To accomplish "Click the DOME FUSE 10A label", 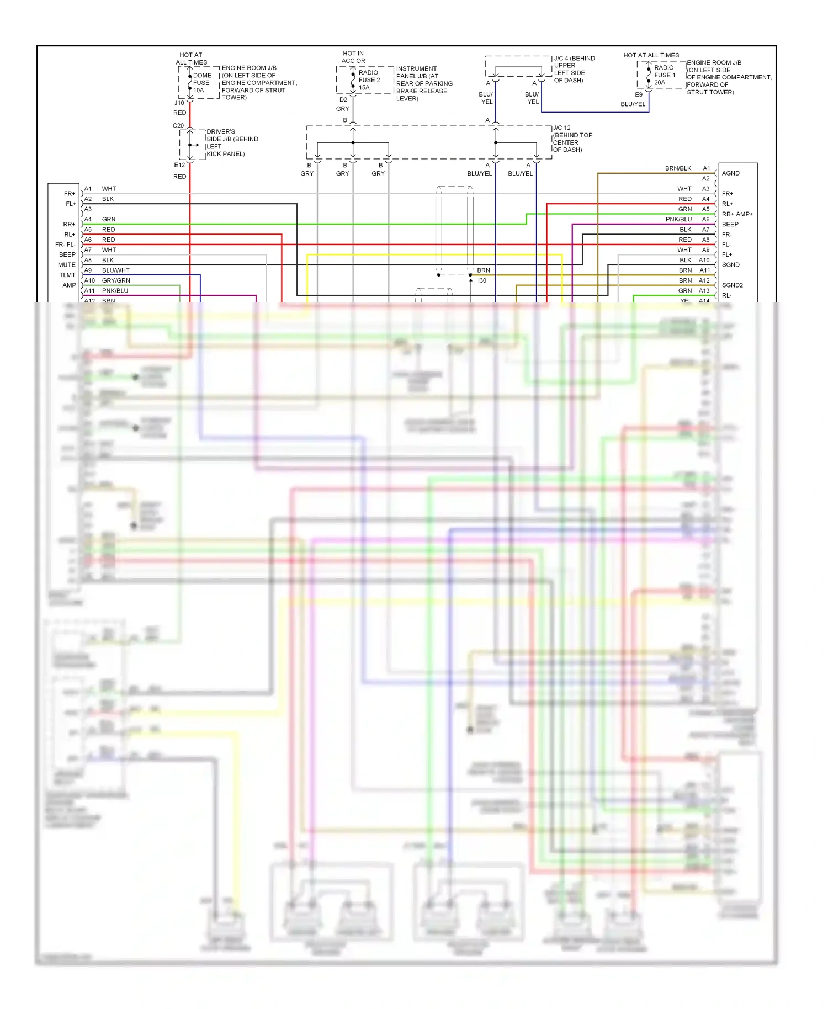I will (x=201, y=83).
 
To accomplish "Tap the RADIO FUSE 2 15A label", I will (x=369, y=80).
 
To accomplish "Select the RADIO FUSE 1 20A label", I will (x=664, y=75).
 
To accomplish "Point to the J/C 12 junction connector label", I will (x=572, y=139).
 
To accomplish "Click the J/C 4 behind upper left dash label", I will (x=574, y=69).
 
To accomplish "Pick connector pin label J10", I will (x=179, y=103).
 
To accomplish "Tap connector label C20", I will (x=178, y=126).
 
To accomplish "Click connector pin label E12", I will (x=179, y=165).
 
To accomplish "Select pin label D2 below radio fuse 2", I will (x=343, y=100).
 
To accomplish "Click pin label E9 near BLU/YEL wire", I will (x=639, y=95).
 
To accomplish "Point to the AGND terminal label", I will (x=730, y=173).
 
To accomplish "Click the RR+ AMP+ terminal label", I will (x=737, y=214).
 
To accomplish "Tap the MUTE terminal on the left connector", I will (x=67, y=265).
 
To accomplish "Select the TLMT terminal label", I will (x=67, y=275).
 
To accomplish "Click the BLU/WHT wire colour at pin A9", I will (x=115, y=270).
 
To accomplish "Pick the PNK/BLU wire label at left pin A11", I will (x=115, y=291).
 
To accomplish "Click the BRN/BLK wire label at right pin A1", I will (x=678, y=168).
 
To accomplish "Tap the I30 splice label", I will (x=482, y=281).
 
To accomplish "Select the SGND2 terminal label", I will (x=732, y=285).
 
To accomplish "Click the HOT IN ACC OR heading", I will (x=353, y=57).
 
